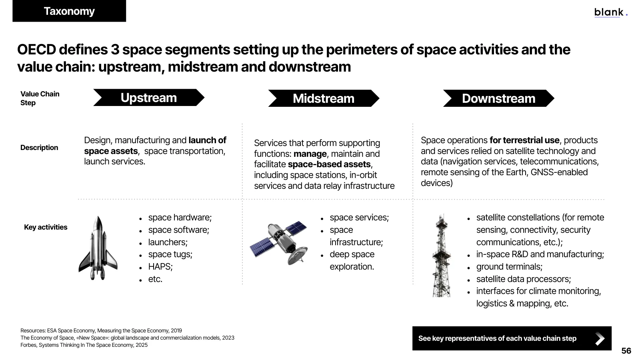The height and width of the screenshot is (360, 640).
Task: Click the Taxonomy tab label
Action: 69,11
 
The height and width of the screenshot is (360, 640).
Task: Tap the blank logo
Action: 611,12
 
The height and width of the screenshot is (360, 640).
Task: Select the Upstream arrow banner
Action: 149,98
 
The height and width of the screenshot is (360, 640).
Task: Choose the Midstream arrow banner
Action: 324,98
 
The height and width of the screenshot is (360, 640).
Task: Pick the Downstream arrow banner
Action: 498,98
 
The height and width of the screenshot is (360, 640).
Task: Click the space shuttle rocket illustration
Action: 98,248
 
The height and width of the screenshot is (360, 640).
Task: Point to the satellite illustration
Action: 279,243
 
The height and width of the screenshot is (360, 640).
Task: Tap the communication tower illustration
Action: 442,256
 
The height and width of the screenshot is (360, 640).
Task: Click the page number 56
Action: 626,350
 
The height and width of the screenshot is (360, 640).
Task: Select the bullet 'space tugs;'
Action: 170,254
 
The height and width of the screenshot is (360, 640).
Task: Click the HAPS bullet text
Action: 160,266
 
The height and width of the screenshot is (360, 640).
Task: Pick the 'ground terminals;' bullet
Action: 509,266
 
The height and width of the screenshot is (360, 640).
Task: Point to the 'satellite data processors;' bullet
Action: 524,279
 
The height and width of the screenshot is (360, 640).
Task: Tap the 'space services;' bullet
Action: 359,218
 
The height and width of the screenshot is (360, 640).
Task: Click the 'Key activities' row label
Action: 46,227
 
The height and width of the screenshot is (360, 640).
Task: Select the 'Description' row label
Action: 39,148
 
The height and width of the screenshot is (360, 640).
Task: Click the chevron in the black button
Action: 600,338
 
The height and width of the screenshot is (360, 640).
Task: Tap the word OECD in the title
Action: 36,50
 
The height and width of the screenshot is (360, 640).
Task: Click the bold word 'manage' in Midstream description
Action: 310,154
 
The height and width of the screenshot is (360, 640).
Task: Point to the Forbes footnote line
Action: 84,345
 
